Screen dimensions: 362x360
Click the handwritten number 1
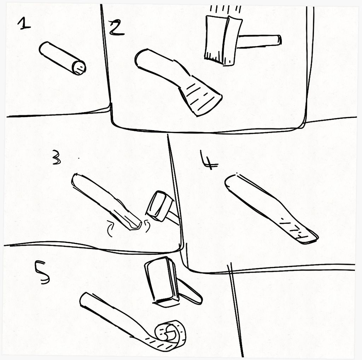[x=24, y=24]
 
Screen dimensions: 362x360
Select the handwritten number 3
[x=56, y=157]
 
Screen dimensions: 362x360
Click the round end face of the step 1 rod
[x=79, y=68]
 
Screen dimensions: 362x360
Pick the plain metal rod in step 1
[x=62, y=58]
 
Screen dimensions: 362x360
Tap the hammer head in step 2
[x=223, y=40]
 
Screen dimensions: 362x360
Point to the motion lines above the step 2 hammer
[x=225, y=9]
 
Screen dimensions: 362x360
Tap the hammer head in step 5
[x=162, y=282]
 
